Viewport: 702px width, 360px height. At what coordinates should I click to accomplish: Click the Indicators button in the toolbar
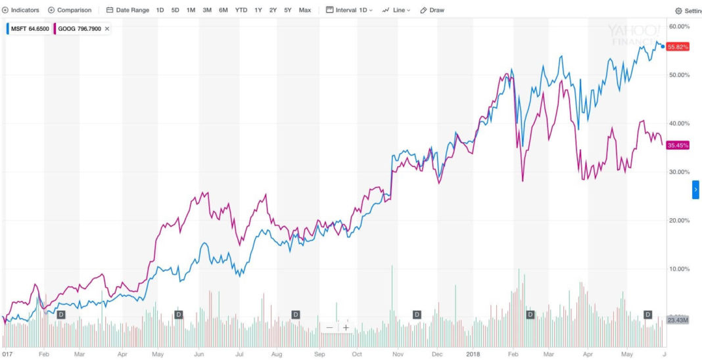(21, 11)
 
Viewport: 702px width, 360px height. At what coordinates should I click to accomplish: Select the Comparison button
(70, 11)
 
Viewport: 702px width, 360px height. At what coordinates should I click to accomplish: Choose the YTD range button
(241, 11)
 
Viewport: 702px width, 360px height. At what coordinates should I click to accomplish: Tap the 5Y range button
(287, 11)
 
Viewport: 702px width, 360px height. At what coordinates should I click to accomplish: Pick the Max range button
(305, 11)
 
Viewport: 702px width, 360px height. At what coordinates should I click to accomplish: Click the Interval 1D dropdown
(349, 11)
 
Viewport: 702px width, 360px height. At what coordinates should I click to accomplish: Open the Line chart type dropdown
(397, 11)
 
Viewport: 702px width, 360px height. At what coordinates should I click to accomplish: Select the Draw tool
(433, 11)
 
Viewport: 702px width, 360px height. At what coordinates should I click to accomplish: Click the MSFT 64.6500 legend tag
(28, 29)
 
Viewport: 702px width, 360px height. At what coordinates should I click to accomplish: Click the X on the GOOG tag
(107, 29)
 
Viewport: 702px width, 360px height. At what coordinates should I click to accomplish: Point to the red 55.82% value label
(677, 47)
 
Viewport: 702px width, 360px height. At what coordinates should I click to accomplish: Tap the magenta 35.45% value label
(677, 145)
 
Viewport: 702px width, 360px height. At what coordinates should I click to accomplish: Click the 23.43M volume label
(677, 320)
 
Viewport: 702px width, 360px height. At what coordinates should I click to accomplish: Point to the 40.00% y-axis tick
(678, 124)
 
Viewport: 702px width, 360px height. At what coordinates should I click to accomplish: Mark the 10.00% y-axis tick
(678, 269)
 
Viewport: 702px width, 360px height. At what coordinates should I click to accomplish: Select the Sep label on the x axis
(319, 353)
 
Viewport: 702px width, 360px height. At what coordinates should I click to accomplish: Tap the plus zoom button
(346, 327)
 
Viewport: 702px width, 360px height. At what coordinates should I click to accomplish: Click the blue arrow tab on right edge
(695, 189)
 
